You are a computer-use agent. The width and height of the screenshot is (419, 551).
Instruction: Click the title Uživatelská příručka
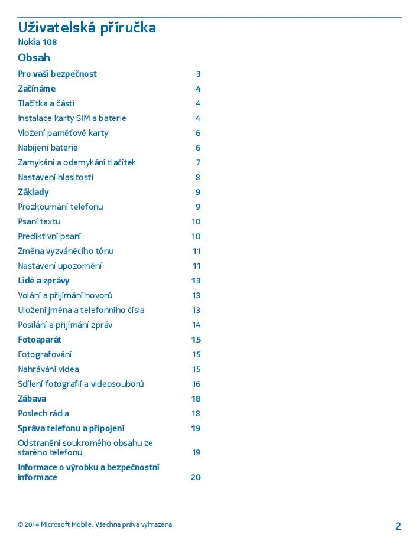coord(87,28)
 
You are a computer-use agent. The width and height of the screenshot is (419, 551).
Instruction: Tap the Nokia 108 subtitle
coord(37,43)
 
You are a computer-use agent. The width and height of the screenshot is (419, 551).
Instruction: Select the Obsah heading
coord(34,58)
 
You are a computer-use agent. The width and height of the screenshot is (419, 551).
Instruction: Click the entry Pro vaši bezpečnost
coord(57,74)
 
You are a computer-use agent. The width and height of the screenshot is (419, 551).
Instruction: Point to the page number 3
coord(199,74)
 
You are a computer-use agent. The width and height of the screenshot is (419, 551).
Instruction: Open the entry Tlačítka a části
coord(46,103)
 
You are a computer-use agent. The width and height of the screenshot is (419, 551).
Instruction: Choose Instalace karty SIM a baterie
coord(72,118)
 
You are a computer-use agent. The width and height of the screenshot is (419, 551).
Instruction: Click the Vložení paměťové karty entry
coord(63,133)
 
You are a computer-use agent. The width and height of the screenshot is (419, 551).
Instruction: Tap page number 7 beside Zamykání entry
coord(199,162)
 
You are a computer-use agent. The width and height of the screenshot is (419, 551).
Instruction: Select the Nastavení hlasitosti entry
coord(56,177)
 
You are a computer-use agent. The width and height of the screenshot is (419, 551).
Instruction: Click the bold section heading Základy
coord(33,192)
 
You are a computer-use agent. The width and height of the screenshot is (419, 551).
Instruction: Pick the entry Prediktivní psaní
coord(50,236)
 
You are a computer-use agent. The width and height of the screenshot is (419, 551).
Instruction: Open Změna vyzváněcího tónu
coord(66,251)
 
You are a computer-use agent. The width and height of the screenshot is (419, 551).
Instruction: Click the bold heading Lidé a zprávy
coord(44,281)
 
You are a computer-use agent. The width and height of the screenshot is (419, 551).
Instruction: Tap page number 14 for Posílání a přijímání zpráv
coord(196,325)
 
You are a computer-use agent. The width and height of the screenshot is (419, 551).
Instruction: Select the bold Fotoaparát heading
coord(40,340)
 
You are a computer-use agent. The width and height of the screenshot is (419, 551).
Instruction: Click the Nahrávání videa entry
coord(48,369)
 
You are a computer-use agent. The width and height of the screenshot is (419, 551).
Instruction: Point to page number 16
coord(196,384)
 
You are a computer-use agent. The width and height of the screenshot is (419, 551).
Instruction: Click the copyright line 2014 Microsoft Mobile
coord(96,524)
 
